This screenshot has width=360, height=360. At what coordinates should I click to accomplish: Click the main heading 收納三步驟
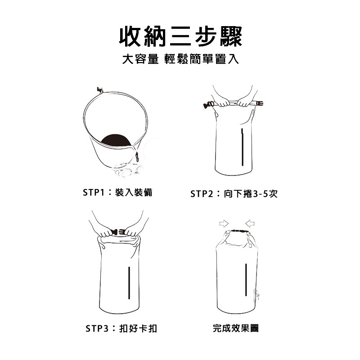tap(180, 37)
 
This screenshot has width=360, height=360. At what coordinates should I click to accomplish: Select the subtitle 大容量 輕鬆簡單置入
tap(180, 59)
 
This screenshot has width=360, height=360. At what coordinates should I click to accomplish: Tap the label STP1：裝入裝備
tap(118, 193)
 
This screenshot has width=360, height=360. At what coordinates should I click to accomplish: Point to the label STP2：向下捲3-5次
tap(234, 194)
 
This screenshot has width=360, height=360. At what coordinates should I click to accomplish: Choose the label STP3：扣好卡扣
tap(121, 328)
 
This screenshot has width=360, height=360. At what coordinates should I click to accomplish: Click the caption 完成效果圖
tap(236, 328)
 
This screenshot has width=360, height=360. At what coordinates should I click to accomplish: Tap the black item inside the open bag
tap(117, 140)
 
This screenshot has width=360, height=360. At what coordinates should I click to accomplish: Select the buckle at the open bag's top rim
tap(100, 90)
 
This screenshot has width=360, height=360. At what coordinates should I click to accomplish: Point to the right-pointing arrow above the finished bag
tap(224, 223)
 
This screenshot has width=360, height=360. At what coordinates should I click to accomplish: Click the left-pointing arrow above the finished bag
tap(250, 223)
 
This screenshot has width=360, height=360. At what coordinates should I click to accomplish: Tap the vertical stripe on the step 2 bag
tap(242, 147)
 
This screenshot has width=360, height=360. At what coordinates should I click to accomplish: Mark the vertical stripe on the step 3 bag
tap(129, 283)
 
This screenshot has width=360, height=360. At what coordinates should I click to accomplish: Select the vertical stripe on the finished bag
tap(246, 279)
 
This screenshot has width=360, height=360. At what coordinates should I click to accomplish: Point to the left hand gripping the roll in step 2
tap(223, 103)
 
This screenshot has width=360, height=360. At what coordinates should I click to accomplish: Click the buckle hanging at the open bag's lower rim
tap(137, 157)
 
